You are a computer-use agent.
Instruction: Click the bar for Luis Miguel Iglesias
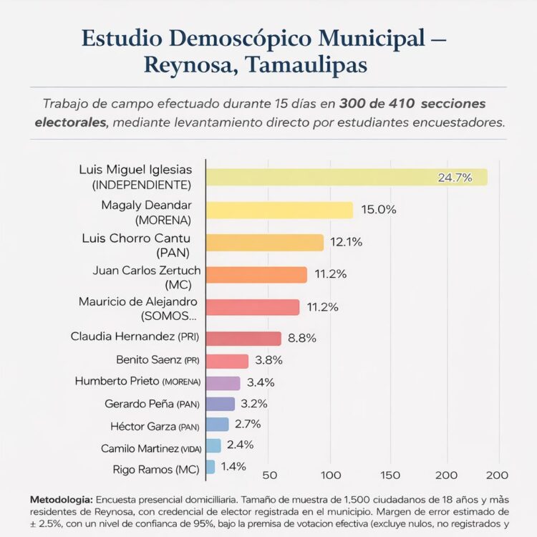click(344, 177)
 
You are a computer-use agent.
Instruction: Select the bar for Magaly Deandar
click(279, 210)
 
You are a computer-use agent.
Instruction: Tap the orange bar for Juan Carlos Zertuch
click(256, 274)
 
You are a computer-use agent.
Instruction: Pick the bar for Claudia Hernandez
click(243, 339)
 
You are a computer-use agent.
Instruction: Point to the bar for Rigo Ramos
click(211, 467)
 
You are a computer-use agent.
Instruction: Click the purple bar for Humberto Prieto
click(223, 383)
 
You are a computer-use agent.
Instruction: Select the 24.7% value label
click(455, 177)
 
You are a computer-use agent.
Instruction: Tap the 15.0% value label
click(379, 210)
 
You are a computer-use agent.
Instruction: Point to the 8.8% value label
click(302, 338)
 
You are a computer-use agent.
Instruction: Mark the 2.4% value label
click(240, 445)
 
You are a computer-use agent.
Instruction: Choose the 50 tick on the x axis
click(270, 475)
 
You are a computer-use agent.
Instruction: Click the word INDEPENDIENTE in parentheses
click(142, 185)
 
